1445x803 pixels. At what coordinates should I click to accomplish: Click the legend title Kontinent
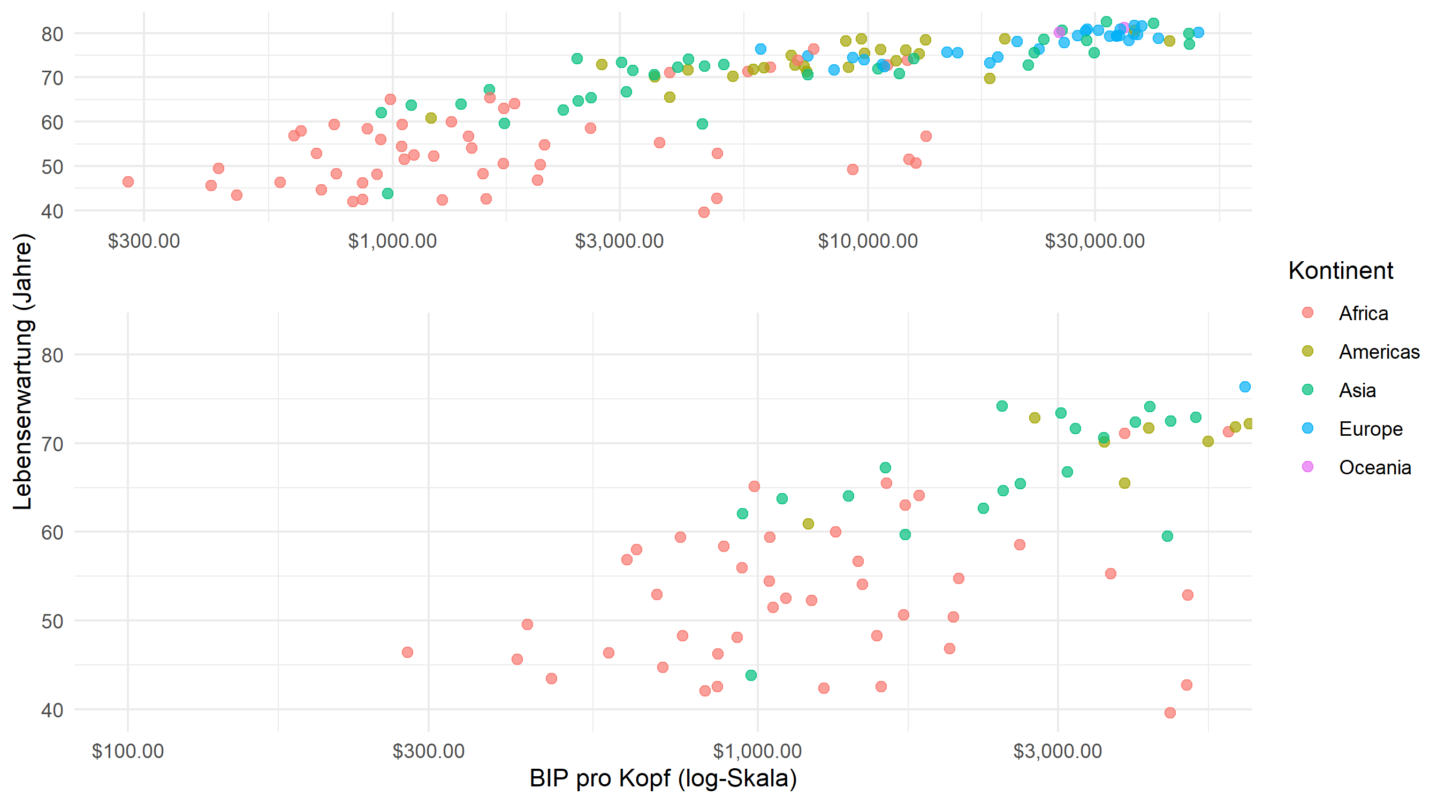pyautogui.click(x=1340, y=270)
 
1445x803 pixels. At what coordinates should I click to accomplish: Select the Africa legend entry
pyautogui.click(x=1363, y=313)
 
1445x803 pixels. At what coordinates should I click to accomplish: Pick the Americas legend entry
pyautogui.click(x=1379, y=352)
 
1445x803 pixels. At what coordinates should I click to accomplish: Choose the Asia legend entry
pyautogui.click(x=1357, y=390)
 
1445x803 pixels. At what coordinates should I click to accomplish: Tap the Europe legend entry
pyautogui.click(x=1371, y=429)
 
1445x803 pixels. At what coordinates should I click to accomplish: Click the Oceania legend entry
pyautogui.click(x=1374, y=467)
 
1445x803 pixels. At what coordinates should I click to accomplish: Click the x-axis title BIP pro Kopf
pyautogui.click(x=663, y=778)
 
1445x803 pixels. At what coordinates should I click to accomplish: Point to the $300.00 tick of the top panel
pyautogui.click(x=143, y=241)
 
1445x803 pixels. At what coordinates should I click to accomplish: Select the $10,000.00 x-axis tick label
pyautogui.click(x=867, y=241)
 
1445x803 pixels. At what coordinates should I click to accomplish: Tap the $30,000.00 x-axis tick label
pyautogui.click(x=1094, y=241)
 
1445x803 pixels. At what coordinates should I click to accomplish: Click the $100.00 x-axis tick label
pyautogui.click(x=127, y=752)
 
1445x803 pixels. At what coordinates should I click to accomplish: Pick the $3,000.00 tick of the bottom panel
pyautogui.click(x=1058, y=752)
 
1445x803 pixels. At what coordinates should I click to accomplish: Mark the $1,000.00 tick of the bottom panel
pyautogui.click(x=757, y=752)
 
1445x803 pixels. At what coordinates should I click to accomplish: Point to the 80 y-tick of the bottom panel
pyautogui.click(x=52, y=355)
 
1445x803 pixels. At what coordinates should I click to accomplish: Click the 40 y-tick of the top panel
pyautogui.click(x=52, y=211)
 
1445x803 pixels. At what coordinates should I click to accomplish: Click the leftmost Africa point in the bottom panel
pyautogui.click(x=407, y=652)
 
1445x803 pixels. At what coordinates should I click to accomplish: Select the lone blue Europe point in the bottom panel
pyautogui.click(x=1245, y=387)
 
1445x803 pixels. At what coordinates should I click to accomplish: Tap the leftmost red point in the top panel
pyautogui.click(x=128, y=182)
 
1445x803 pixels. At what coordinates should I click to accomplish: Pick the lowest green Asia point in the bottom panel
pyautogui.click(x=751, y=675)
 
